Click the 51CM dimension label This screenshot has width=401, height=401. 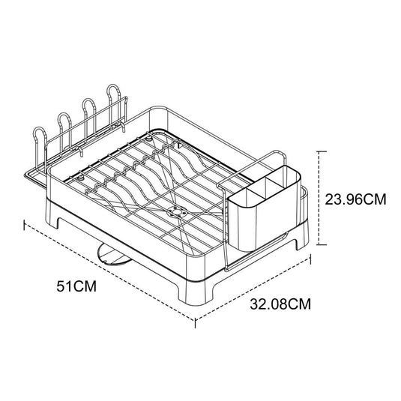pyautogui.click(x=76, y=286)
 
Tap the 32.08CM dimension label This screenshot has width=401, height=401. pyautogui.click(x=280, y=304)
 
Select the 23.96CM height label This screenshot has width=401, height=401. pyautogui.click(x=355, y=199)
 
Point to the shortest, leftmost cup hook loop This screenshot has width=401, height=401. pyautogui.click(x=40, y=131)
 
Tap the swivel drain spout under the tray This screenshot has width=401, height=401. pyautogui.click(x=112, y=255)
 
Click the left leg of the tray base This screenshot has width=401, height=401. pyautogui.click(x=54, y=219)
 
